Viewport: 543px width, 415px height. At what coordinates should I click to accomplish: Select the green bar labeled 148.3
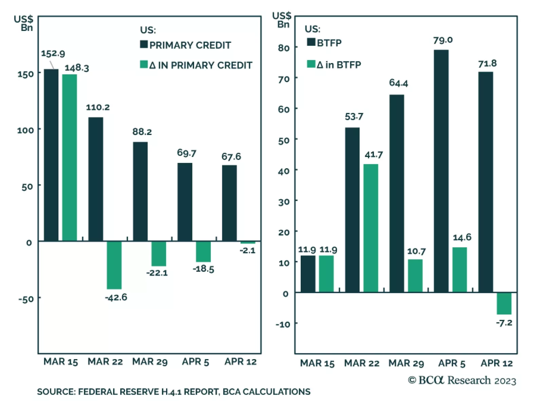(70, 158)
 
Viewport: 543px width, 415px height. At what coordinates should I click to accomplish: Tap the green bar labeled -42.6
(114, 265)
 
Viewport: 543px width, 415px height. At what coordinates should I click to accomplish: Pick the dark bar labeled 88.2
(140, 191)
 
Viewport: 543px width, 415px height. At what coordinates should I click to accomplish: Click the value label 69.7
(186, 153)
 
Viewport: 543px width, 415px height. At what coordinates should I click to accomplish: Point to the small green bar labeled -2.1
(248, 243)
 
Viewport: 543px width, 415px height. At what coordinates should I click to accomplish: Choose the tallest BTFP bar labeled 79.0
(441, 171)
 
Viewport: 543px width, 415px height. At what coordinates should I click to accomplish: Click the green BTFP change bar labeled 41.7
(371, 228)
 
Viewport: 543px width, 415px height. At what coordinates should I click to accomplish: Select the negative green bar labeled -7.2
(504, 303)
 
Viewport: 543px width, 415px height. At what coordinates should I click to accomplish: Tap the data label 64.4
(398, 83)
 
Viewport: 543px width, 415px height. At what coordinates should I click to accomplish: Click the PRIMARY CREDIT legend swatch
(144, 45)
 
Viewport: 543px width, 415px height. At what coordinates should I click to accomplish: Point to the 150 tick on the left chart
(26, 74)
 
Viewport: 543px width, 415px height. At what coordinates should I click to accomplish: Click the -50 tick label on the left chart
(26, 299)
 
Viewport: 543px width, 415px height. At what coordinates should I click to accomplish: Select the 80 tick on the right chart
(284, 48)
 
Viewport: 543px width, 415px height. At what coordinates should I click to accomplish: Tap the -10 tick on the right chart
(283, 325)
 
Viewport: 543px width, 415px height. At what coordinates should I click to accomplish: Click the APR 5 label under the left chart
(195, 362)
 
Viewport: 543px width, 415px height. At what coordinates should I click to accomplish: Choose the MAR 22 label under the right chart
(362, 364)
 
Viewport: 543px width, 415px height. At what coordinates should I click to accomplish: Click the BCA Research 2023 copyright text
(462, 380)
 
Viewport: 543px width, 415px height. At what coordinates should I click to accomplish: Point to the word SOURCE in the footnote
(56, 392)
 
